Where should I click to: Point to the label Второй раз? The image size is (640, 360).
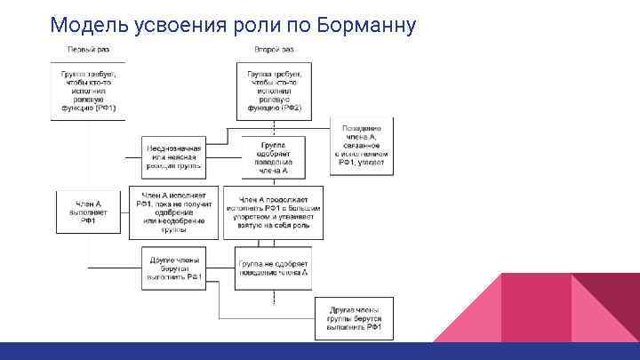274,49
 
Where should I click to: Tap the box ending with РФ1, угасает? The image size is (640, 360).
362,148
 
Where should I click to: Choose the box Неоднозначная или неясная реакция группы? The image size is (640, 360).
174,157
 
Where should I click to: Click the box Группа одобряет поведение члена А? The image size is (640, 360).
273,157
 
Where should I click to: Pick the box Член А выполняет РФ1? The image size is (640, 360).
88,213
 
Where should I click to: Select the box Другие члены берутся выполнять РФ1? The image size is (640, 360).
174,268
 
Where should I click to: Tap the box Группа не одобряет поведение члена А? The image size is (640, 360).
273,268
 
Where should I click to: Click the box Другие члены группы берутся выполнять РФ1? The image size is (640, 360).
355,317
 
